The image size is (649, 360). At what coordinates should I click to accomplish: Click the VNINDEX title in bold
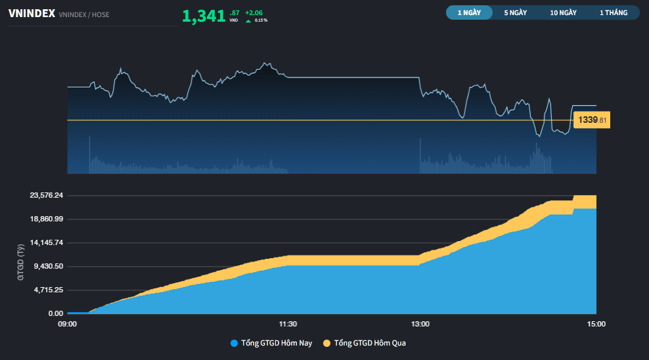pos(31,13)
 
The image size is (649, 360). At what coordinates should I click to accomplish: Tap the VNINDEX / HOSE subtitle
pos(84,14)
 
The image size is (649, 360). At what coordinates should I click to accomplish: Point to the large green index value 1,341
pos(204,16)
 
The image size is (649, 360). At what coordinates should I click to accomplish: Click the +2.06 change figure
pos(254,12)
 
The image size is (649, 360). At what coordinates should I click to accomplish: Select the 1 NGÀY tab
pos(469,12)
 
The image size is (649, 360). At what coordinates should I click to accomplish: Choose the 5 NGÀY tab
pos(516,12)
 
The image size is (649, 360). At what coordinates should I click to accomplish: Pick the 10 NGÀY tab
pos(564,12)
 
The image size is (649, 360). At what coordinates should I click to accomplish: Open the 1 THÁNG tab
pos(614,12)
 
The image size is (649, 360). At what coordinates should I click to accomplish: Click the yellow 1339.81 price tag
pos(592,120)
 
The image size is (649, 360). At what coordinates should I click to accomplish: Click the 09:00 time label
pos(68,324)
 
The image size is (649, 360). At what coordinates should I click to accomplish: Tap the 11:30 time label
pos(288,324)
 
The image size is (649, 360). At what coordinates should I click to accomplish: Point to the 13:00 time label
pos(420,324)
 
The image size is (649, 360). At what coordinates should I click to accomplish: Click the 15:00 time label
pos(596,324)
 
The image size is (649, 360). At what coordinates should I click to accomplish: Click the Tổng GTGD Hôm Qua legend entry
pos(369,343)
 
